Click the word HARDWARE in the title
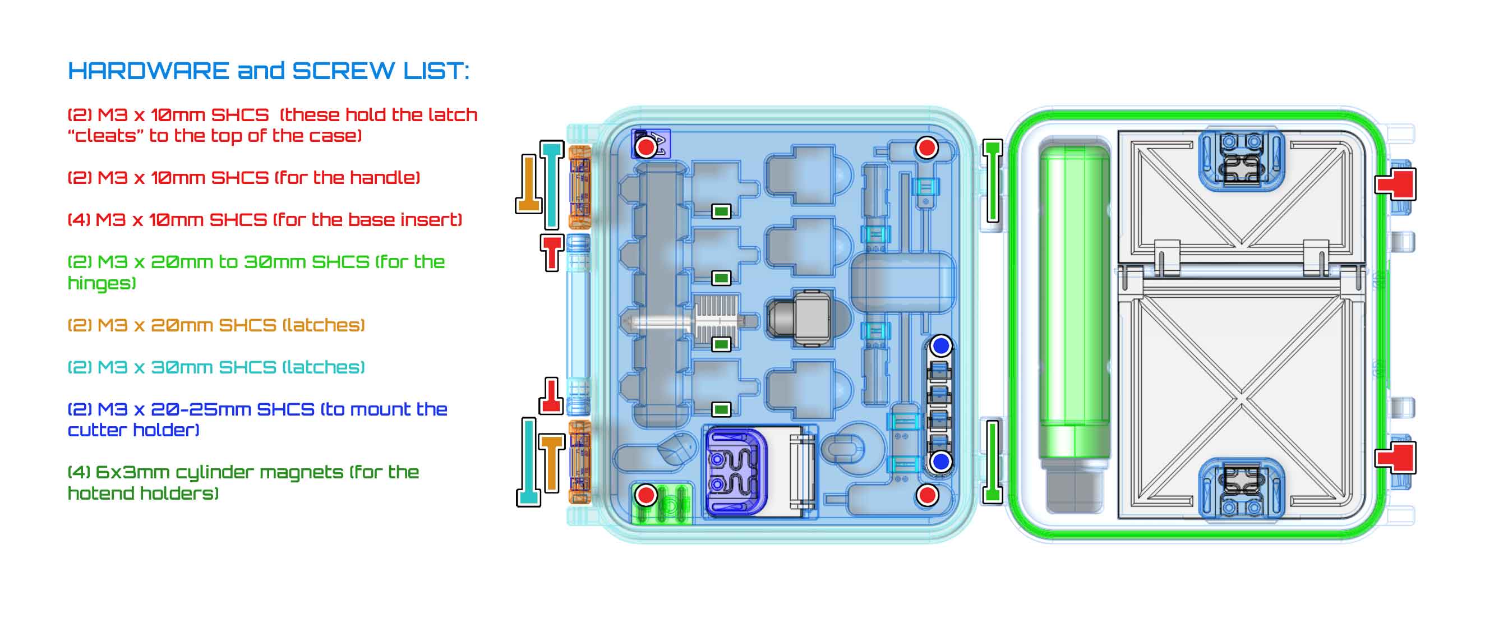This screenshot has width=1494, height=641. click(149, 71)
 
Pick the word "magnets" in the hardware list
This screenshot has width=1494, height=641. click(301, 472)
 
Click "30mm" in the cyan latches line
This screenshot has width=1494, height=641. click(181, 367)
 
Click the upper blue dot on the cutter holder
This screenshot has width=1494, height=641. click(940, 345)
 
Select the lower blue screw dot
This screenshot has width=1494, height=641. click(940, 462)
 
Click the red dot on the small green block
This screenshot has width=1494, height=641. click(645, 495)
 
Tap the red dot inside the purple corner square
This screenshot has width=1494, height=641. click(645, 147)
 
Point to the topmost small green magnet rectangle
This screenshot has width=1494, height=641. click(721, 212)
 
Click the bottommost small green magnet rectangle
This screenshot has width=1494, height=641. click(721, 409)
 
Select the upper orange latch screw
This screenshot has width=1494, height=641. click(529, 183)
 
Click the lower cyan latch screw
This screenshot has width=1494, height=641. click(528, 462)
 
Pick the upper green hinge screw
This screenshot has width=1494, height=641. click(992, 181)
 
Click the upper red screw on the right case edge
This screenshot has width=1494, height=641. click(1396, 183)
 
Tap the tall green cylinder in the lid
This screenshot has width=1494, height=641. click(1074, 302)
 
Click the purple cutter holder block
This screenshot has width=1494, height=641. click(736, 471)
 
